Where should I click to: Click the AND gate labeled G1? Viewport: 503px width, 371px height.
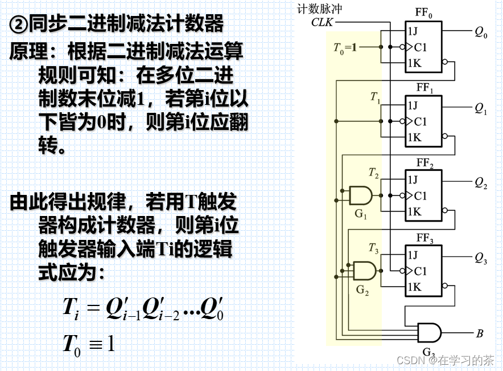pos(360,195)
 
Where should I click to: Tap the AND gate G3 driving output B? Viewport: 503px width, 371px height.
pos(430,332)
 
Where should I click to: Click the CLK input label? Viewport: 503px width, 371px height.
pos(322,22)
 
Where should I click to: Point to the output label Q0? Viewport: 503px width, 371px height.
pos(481,33)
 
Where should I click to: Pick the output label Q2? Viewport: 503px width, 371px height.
pos(481,184)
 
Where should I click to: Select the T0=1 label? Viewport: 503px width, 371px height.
pos(345,47)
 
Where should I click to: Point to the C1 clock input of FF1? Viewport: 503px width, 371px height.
pos(420,121)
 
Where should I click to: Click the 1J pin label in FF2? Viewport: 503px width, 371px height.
pos(413,180)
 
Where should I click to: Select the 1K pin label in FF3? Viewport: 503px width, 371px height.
pos(414,287)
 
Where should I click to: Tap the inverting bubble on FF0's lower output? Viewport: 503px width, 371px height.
pos(446,63)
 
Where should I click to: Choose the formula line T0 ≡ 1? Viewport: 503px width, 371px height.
pos(88,344)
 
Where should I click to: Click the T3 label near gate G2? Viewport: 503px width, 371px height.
pos(373,247)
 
